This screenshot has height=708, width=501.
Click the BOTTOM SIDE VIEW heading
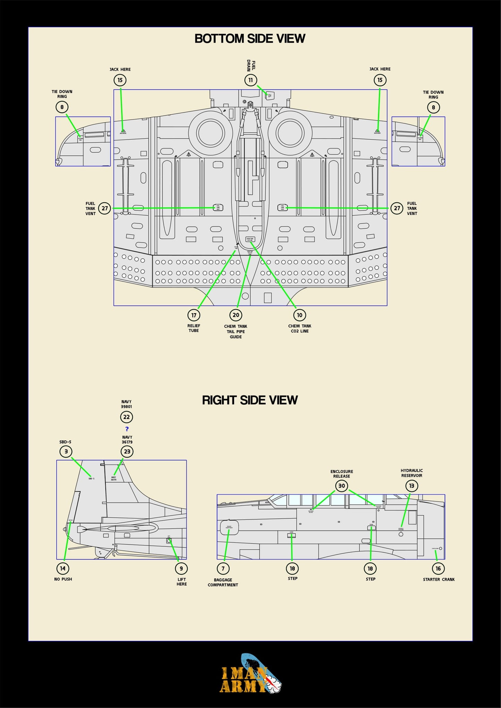tap(250, 38)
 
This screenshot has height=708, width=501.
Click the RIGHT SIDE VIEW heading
tap(250, 400)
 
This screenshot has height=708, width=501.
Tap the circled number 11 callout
tap(250, 80)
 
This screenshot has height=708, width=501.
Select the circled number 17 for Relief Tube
tap(194, 315)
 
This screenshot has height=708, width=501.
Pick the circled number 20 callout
tap(236, 315)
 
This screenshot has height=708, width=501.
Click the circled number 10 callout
tap(300, 315)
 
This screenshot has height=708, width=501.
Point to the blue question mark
tap(127, 429)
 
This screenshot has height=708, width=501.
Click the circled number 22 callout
tap(127, 417)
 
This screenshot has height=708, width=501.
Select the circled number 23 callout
tap(127, 452)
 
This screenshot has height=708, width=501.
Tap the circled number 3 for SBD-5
tap(66, 452)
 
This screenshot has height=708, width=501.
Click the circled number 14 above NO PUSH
tap(63, 568)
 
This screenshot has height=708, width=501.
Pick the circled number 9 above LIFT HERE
tap(181, 568)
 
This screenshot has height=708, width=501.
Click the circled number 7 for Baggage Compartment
tap(223, 568)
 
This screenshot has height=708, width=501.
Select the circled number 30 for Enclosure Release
tap(342, 486)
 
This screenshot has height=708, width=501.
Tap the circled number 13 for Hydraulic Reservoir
tap(412, 486)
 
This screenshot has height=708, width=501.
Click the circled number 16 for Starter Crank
tap(438, 568)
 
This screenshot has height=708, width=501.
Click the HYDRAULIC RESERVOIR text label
tap(412, 473)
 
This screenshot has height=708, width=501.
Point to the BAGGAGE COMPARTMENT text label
tap(223, 582)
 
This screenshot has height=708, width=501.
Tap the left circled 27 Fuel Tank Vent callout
tap(105, 208)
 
